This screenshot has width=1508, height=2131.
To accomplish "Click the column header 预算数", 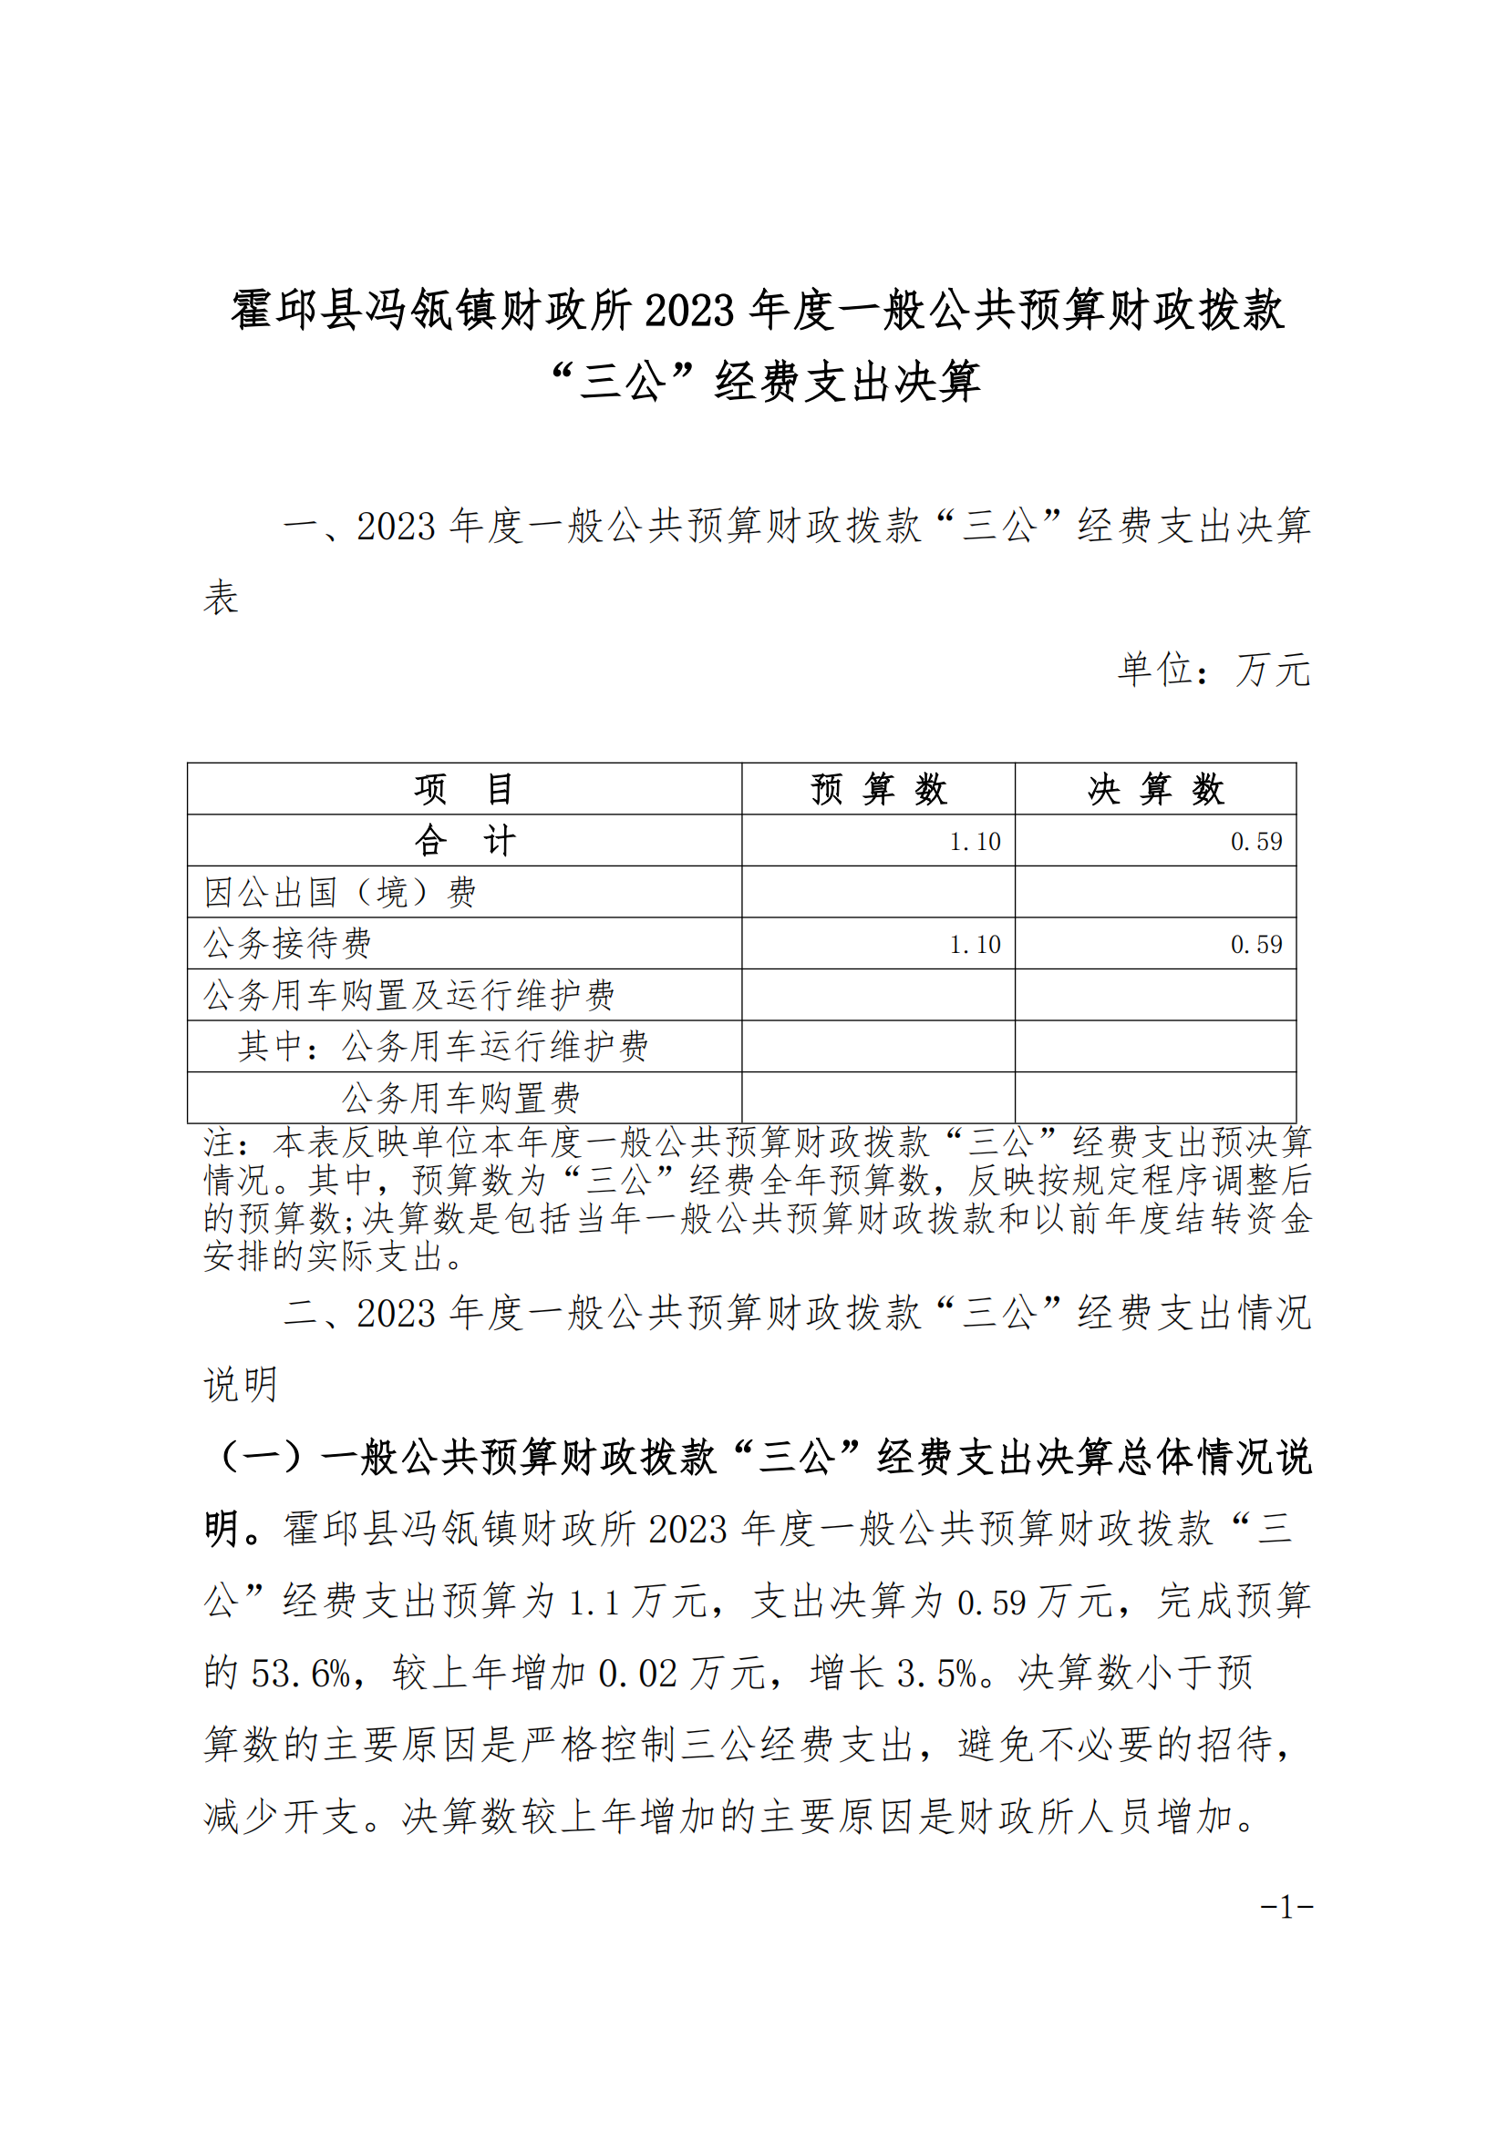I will tap(877, 789).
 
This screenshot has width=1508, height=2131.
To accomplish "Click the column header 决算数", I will tap(1155, 789).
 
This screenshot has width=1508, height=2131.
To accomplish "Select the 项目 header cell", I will tap(463, 789).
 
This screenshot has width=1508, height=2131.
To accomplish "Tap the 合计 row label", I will tap(463, 841).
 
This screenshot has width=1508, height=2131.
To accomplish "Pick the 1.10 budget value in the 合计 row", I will tap(974, 842).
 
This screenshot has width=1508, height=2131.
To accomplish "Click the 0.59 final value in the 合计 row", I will tap(1255, 842).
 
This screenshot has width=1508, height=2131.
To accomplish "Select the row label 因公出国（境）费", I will tap(340, 893).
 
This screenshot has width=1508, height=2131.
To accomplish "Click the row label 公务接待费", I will tap(287, 944).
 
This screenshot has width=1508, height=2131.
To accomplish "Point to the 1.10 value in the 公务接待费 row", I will tap(974, 945).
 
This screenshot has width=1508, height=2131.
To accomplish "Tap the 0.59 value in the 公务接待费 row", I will tap(1255, 945).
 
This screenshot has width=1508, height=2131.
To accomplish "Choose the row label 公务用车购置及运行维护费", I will tap(408, 995).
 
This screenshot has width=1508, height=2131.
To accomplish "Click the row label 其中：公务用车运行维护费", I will tap(443, 1047).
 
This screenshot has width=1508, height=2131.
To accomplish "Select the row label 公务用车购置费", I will tap(460, 1098).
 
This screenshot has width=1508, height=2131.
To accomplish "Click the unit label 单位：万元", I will tap(1213, 670).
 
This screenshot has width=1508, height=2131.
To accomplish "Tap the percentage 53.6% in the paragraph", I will tap(300, 1674).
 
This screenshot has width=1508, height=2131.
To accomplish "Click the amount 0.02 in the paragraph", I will tap(637, 1674).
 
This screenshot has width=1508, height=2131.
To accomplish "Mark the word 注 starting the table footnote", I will tap(219, 1142).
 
